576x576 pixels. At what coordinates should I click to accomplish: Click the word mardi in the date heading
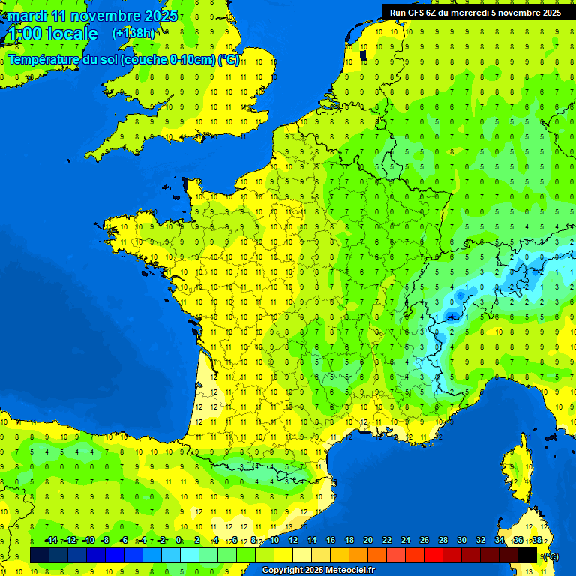pos(27,16)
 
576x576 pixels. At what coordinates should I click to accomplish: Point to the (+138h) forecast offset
pos(133,34)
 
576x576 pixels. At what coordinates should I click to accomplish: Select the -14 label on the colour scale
pos(51,541)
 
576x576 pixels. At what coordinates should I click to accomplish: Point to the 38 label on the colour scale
pos(537,541)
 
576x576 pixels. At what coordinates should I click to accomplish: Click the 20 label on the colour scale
pos(367,541)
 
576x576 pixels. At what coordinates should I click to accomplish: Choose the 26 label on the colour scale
pos(424,541)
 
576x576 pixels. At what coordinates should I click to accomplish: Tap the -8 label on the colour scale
pos(106,541)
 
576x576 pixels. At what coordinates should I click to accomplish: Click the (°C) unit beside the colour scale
pos(550,556)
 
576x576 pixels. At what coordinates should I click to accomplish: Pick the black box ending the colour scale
pos(528,555)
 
